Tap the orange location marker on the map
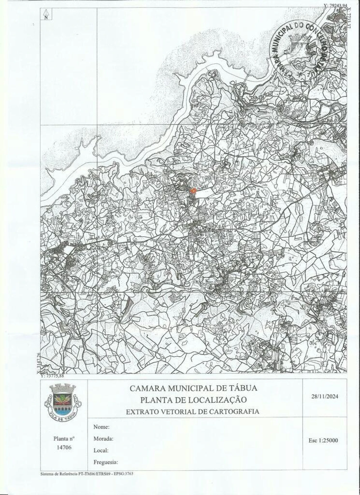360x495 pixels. click(x=193, y=191)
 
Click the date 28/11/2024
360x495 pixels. click(x=325, y=397)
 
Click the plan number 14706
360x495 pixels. click(x=64, y=447)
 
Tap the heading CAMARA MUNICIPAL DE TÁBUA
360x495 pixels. click(x=193, y=388)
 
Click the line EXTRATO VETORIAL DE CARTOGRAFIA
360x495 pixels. click(x=193, y=411)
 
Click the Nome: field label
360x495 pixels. click(x=101, y=427)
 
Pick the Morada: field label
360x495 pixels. click(x=103, y=438)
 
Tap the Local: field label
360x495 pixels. click(x=101, y=450)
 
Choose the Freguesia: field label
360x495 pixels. click(x=106, y=462)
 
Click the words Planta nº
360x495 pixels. click(x=64, y=438)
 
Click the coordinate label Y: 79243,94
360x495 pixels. click(x=336, y=5)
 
